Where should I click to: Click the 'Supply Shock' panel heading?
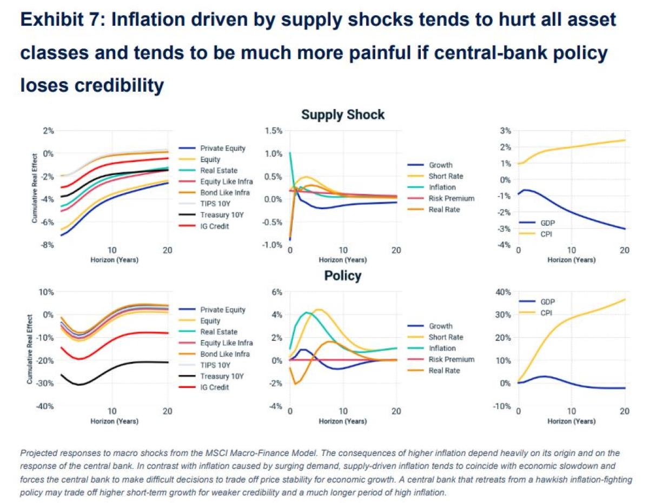(x=342, y=115)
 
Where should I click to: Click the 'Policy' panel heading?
(x=342, y=276)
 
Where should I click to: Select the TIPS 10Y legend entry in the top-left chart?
(x=215, y=204)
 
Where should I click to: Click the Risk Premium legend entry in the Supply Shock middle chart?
(x=451, y=198)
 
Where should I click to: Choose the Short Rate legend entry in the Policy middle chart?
(x=446, y=337)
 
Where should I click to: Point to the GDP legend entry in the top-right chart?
(x=547, y=223)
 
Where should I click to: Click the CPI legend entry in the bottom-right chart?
(x=547, y=313)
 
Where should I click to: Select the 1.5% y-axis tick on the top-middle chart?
(x=274, y=131)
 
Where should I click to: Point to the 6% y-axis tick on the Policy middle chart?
(x=276, y=292)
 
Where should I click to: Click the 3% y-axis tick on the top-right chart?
(x=505, y=131)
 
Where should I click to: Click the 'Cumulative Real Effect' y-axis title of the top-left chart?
(x=34, y=187)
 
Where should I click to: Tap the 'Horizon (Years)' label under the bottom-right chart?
(x=571, y=420)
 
